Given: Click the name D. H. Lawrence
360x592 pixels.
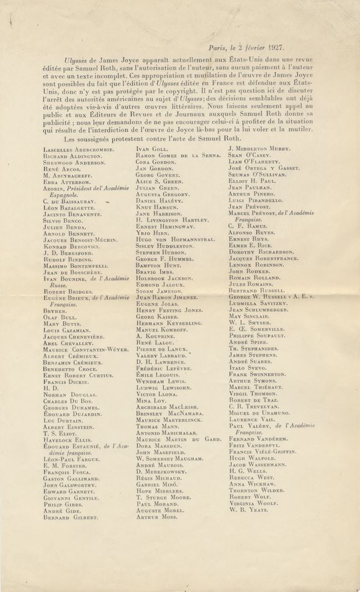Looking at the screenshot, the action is point(161,362).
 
